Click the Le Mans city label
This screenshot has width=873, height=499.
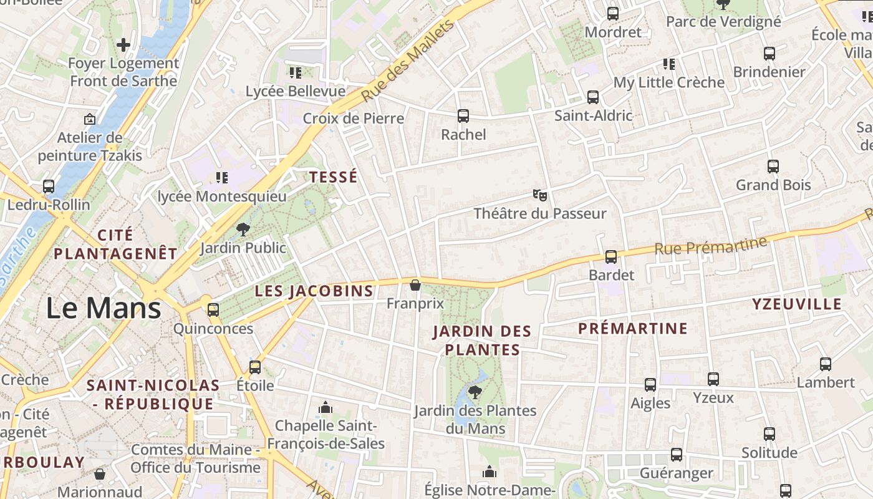click(104, 308)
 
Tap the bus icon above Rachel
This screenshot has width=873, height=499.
click(463, 115)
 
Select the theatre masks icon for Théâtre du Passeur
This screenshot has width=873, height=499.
click(540, 195)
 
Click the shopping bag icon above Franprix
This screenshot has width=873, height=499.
click(415, 286)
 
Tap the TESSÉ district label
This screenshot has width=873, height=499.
click(334, 177)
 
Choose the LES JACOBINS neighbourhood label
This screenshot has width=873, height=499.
click(314, 291)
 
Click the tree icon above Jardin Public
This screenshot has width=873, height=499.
click(243, 230)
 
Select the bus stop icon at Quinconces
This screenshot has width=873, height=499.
click(213, 309)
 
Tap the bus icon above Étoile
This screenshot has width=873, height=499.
click(255, 367)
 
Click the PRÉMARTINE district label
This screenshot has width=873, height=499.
click(633, 328)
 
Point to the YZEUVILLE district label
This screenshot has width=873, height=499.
click(797, 304)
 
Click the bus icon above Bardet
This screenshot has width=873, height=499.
click(611, 256)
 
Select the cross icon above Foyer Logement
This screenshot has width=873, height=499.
click(123, 44)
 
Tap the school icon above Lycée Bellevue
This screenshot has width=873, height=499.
click(296, 73)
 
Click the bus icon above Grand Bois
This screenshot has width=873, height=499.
click(773, 166)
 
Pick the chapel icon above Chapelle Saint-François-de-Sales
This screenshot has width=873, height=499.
click(326, 408)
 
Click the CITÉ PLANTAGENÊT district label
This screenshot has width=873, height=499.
click(115, 244)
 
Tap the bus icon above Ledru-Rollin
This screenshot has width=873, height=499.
click(49, 186)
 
